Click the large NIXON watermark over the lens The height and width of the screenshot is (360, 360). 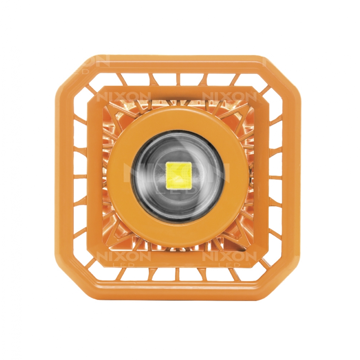point(176,171)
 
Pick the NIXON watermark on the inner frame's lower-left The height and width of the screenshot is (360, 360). point(123,256)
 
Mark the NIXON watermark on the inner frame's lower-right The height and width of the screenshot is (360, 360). point(229,256)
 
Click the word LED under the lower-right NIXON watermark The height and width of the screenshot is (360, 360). point(229,265)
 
